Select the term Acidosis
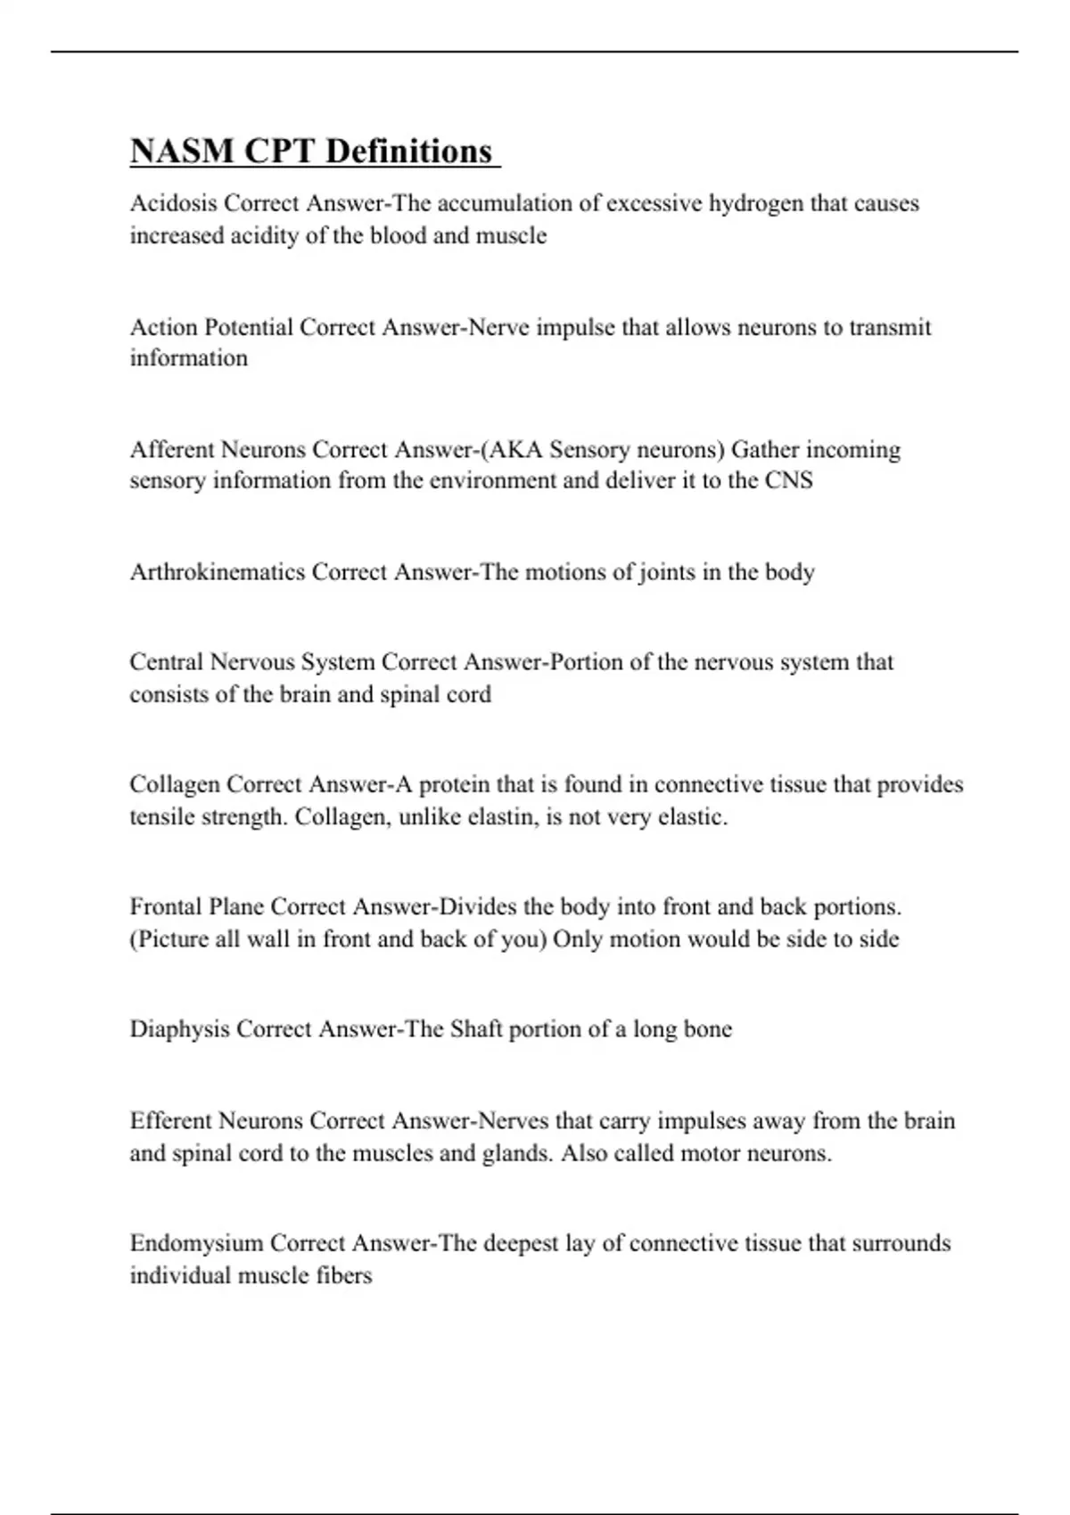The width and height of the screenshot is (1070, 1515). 174,203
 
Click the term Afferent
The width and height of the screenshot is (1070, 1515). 172,449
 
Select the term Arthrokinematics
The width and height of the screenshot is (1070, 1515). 218,571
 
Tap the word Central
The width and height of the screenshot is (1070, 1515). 166,662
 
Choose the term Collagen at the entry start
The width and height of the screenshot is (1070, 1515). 174,784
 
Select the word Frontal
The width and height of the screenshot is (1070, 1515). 166,907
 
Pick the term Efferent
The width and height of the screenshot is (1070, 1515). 170,1120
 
